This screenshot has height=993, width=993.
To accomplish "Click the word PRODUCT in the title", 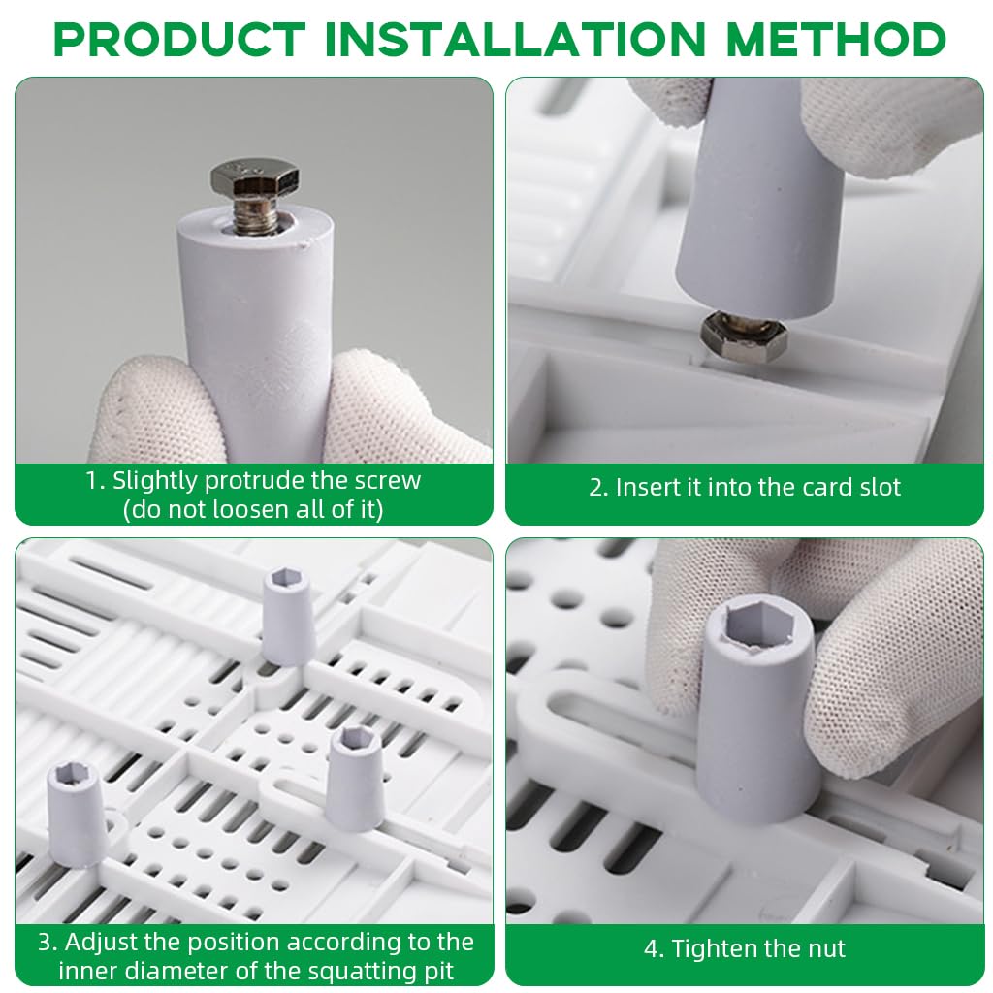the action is tap(179, 39).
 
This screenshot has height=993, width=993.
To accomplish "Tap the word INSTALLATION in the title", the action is tap(515, 39).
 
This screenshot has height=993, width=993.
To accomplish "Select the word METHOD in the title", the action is tap(836, 39).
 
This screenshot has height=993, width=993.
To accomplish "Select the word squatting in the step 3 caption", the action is tap(351, 972).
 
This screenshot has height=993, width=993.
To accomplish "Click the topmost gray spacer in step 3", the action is tap(289, 616).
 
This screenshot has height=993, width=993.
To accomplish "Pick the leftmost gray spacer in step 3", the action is tap(76, 812).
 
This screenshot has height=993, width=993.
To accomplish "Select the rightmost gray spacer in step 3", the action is tap(355, 778).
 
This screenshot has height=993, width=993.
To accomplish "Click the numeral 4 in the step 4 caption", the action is tap(651, 948).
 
